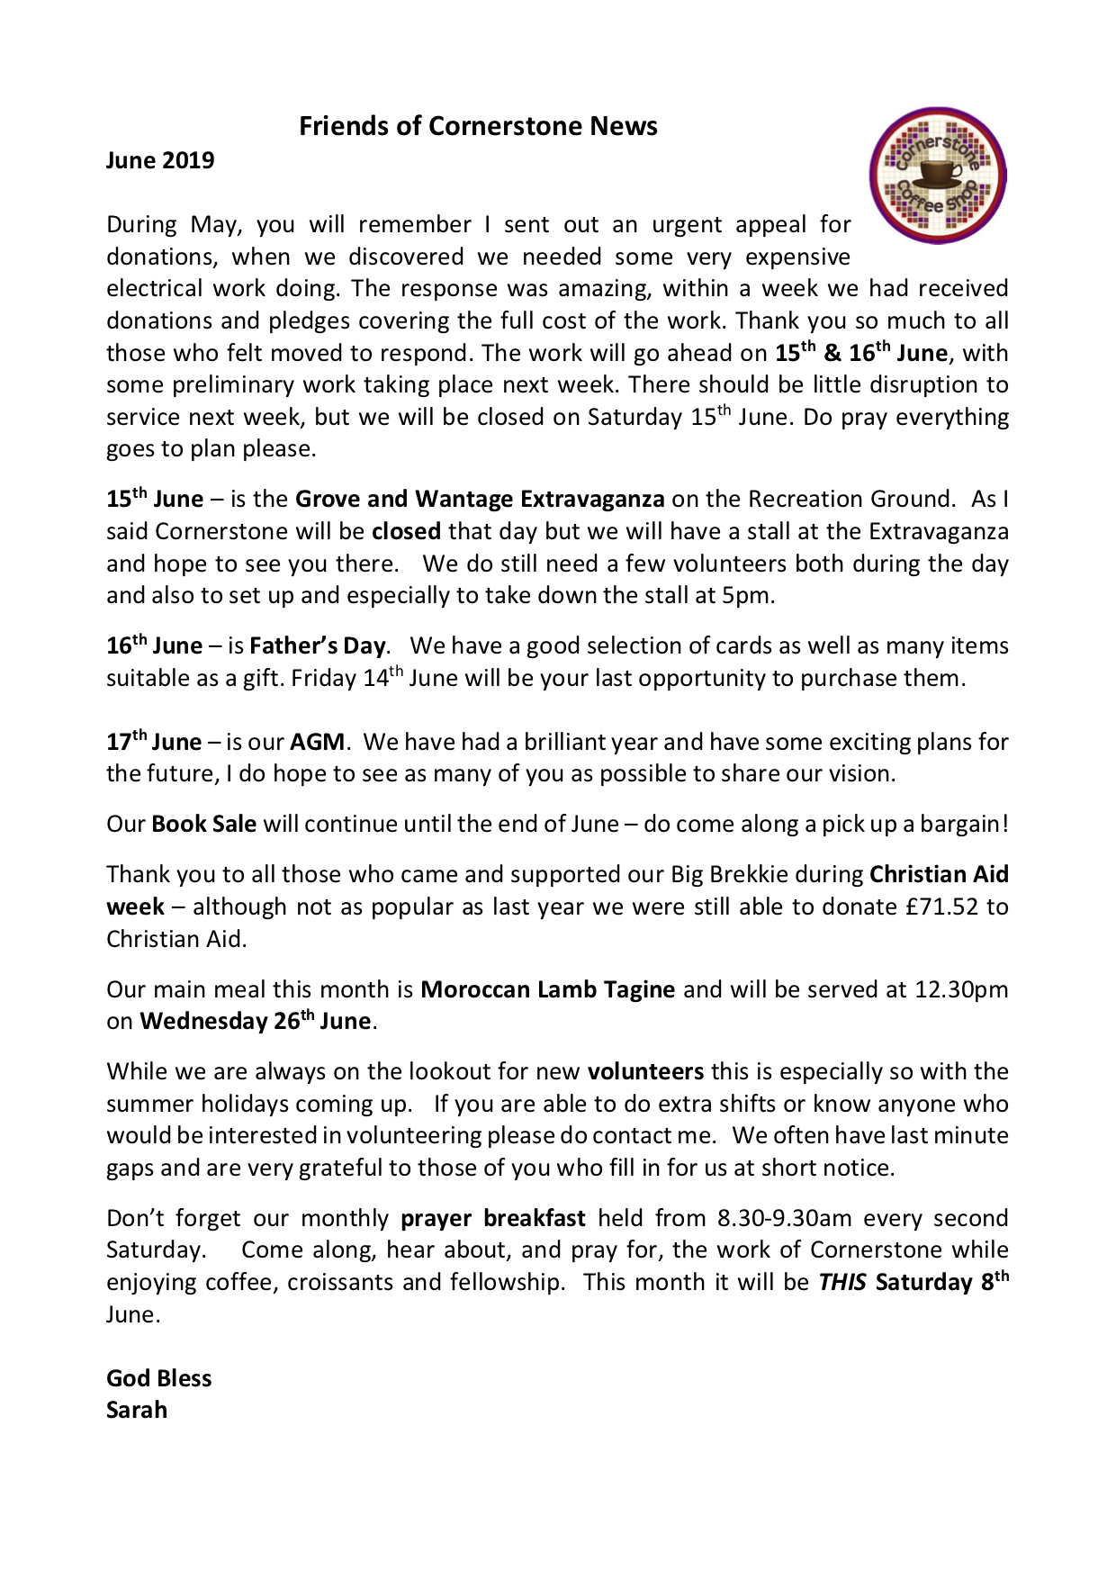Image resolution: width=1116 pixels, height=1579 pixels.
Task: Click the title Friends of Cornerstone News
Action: point(478,126)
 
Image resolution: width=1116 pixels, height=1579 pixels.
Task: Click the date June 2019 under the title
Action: point(160,160)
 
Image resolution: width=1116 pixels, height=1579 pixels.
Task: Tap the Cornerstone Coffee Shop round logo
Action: point(937,176)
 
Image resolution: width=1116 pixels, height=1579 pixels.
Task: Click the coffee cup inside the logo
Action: point(937,172)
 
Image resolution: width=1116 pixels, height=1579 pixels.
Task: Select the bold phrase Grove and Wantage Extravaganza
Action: point(480,500)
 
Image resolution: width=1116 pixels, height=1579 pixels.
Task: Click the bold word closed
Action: point(406,532)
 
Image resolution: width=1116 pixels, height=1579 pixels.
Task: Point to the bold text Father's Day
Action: point(317,646)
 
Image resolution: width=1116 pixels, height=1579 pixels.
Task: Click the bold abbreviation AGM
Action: point(317,743)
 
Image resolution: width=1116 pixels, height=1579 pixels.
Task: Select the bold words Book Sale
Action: point(204,825)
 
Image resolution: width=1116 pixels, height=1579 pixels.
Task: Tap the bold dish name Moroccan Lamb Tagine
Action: point(547,989)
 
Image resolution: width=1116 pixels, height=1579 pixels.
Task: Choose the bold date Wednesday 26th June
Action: point(255,1022)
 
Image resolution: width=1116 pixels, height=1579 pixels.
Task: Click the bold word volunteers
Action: point(645,1072)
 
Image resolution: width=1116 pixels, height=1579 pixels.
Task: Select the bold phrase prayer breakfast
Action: point(492,1219)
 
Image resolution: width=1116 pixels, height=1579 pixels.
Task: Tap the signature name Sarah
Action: point(137,1411)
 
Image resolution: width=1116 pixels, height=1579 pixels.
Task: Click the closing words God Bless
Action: point(158,1378)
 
